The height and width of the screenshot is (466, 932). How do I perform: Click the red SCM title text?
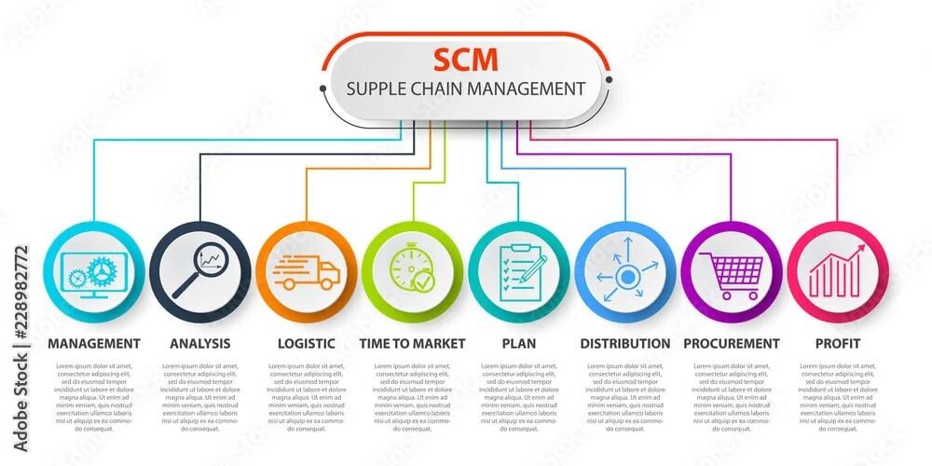(465, 59)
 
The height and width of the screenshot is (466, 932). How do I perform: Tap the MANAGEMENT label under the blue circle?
(93, 343)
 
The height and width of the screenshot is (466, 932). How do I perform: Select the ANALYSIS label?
(199, 343)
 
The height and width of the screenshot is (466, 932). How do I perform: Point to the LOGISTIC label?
(306, 343)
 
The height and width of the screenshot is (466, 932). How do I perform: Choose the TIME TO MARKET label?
(412, 343)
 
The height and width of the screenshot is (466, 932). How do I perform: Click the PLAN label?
(518, 343)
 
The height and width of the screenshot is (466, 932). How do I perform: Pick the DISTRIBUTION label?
(624, 343)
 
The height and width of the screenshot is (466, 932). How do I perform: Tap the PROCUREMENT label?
(731, 343)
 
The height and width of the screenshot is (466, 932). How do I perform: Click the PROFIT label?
(837, 343)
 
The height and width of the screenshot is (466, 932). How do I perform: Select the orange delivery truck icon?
(306, 272)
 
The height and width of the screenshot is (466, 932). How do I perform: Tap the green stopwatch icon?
(411, 270)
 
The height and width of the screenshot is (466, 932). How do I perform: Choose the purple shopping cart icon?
(732, 273)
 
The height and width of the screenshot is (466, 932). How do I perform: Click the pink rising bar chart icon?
(837, 271)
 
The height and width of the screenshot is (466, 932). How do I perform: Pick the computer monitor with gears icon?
(93, 273)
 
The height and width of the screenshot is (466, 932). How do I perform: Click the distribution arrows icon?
(625, 272)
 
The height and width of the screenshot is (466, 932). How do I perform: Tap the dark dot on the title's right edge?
(608, 80)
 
